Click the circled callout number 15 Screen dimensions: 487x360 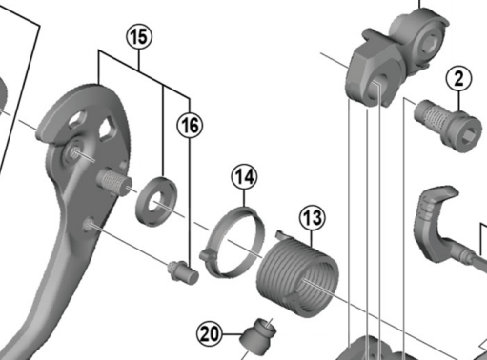click(x=139, y=36)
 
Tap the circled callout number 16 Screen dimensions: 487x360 click(x=190, y=125)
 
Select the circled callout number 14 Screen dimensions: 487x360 click(x=244, y=177)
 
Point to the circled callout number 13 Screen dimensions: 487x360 click(x=312, y=218)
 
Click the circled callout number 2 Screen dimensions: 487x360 click(x=458, y=78)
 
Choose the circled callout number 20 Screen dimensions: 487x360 click(x=210, y=334)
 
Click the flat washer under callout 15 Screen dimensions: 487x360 click(x=156, y=202)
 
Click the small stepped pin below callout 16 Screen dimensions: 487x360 click(x=183, y=272)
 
